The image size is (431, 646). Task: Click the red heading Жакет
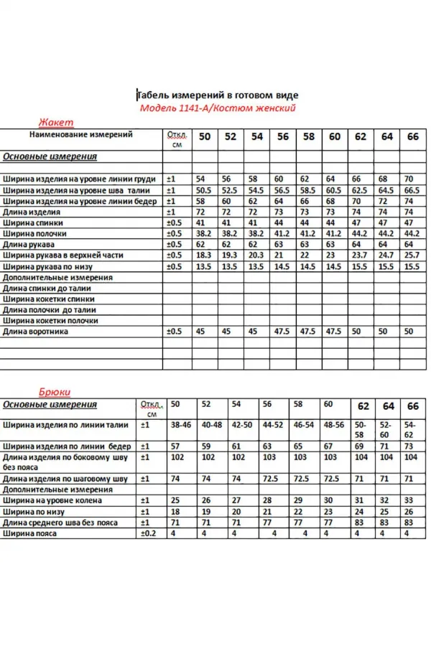(55, 122)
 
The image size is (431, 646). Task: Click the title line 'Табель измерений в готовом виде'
(218, 95)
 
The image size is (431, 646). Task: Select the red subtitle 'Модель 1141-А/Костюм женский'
(218, 108)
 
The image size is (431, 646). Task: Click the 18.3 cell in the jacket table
(204, 256)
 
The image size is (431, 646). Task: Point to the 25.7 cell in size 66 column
(411, 256)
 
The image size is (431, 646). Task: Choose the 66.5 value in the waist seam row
(411, 191)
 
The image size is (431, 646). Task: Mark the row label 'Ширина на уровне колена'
(52, 500)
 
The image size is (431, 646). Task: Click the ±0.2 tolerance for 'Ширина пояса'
(148, 534)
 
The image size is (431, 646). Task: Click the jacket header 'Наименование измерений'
(81, 135)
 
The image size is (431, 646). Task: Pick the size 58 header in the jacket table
(308, 136)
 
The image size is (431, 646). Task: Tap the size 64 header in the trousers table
(389, 406)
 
